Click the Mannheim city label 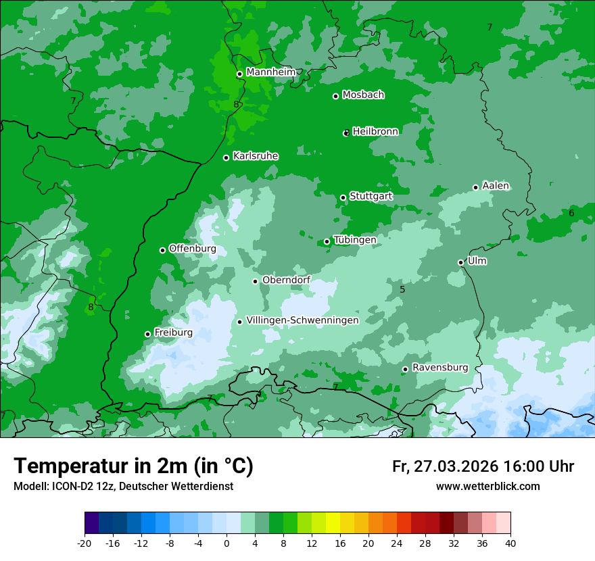coord(270,72)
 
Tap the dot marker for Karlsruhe coord(226,157)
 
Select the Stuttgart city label coord(371,196)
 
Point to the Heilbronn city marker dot coord(346,133)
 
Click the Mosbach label coord(363,95)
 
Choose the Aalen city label coord(496,186)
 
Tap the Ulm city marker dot coord(461,262)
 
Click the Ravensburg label coord(439,368)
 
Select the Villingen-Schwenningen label coord(302,320)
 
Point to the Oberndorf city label coord(286,280)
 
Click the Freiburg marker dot coord(147,334)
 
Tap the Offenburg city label coord(193,249)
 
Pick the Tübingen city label coord(355,240)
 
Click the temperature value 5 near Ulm coord(402,289)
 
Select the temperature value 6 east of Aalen coord(571,213)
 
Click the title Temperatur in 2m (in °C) coord(133,466)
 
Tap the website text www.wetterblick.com coord(487,487)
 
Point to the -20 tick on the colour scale coord(84,543)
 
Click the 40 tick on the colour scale coord(510,543)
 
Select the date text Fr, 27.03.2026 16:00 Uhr coord(483,466)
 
